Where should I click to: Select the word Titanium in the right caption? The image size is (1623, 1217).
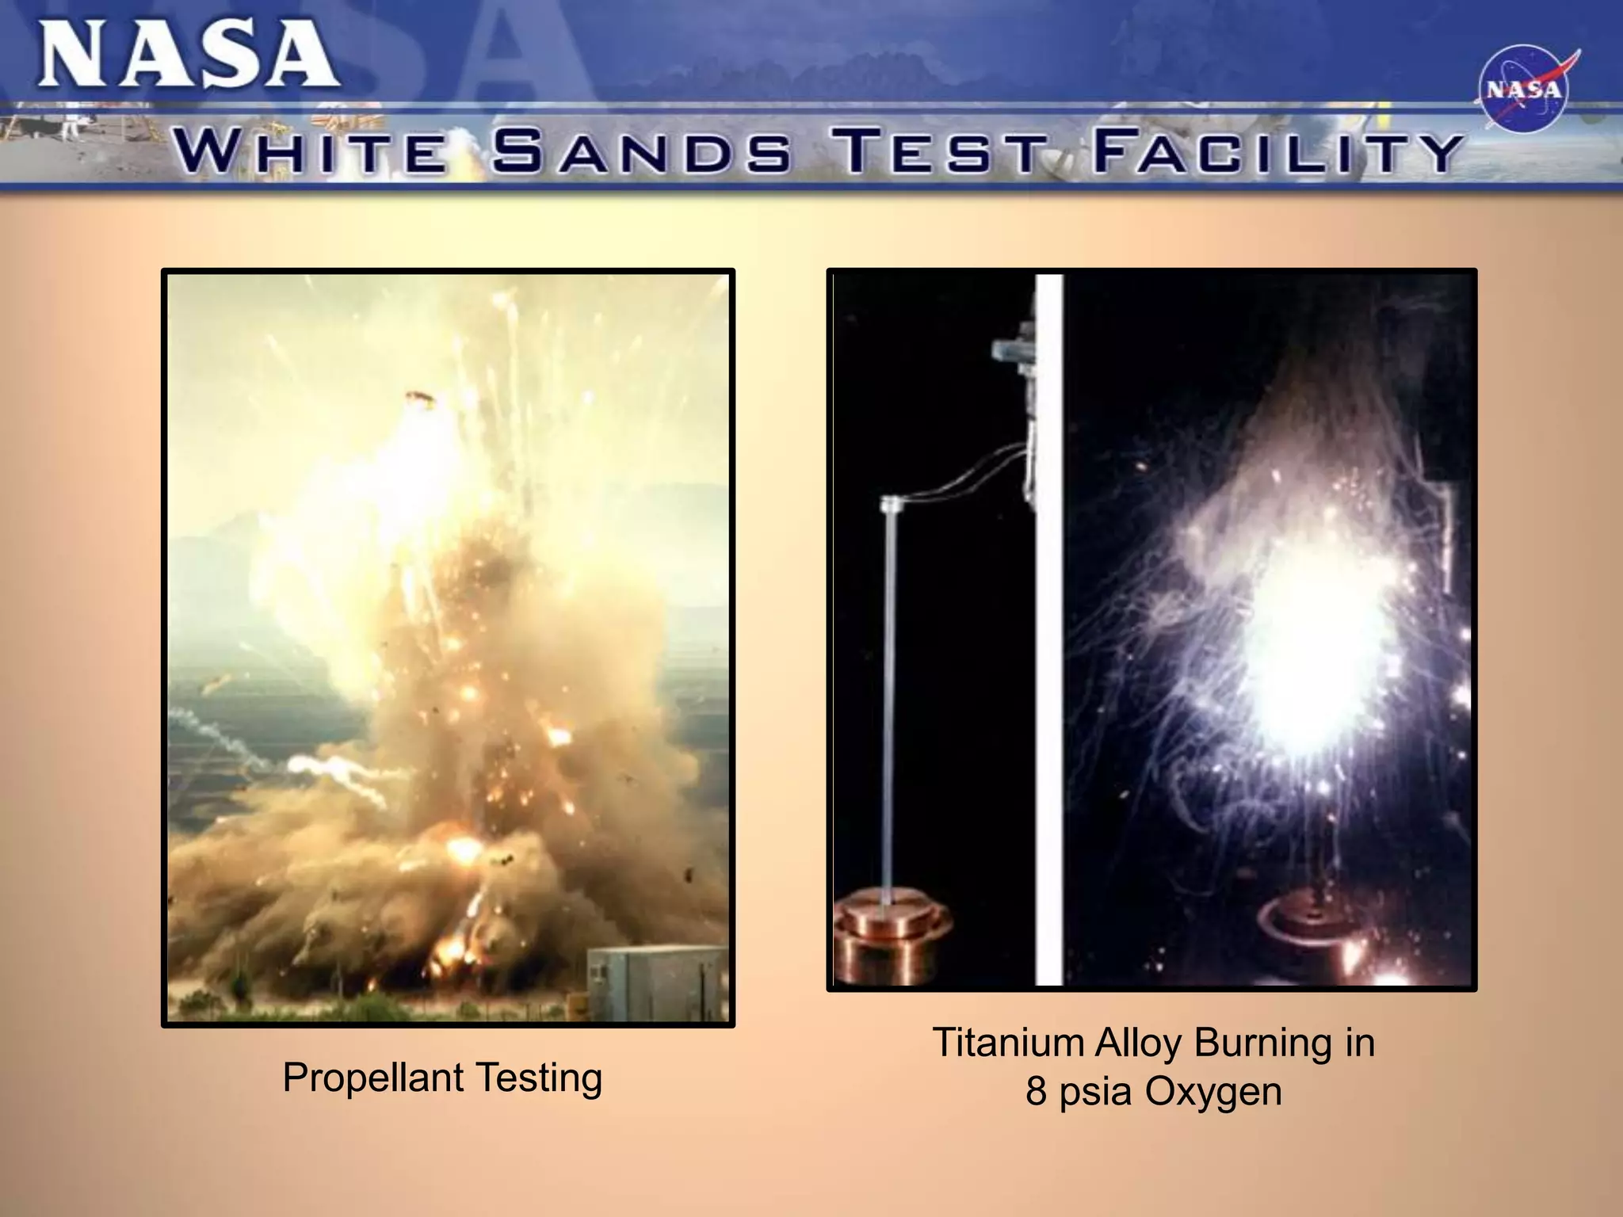pyautogui.click(x=1008, y=1043)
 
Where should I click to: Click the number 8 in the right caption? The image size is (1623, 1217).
pyautogui.click(x=1036, y=1092)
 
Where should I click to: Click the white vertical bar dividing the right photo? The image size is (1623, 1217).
pyautogui.click(x=1048, y=630)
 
